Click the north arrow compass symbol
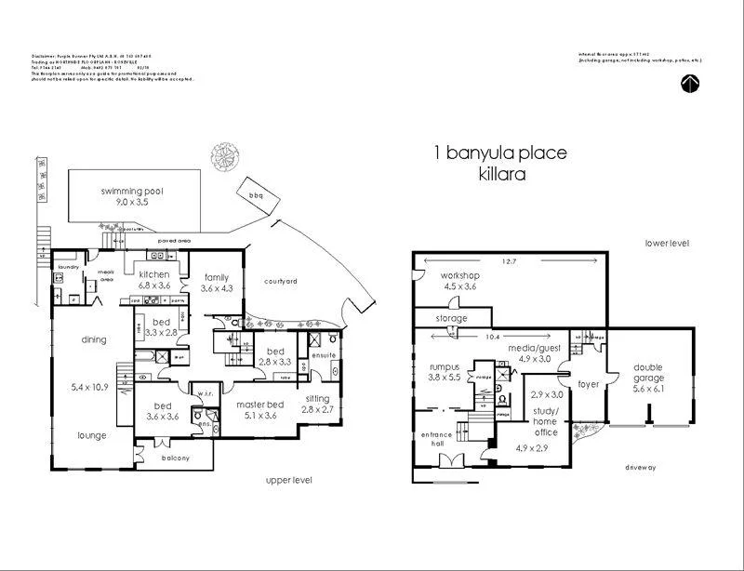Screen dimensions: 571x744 [690, 84]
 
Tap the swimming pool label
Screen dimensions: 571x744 [132, 192]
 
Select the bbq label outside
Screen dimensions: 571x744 [256, 194]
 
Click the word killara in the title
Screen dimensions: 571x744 [504, 174]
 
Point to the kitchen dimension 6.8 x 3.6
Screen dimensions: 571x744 [153, 287]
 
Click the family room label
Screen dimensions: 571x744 [217, 277]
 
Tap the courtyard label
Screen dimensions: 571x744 [280, 281]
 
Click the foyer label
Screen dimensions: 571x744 [588, 384]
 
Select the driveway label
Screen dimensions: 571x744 [641, 467]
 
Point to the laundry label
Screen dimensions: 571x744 [69, 267]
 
